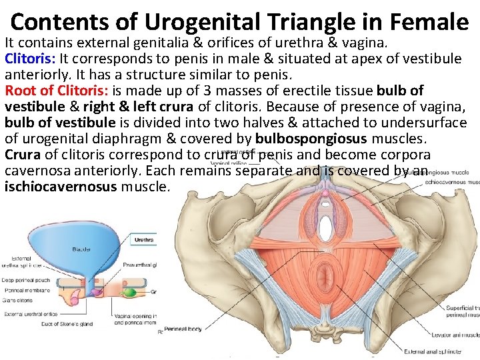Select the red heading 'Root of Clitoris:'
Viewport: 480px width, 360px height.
pyautogui.click(x=54, y=90)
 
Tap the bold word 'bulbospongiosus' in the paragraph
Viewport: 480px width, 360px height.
pyautogui.click(x=311, y=138)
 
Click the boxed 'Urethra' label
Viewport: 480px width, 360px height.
pyautogui.click(x=144, y=239)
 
